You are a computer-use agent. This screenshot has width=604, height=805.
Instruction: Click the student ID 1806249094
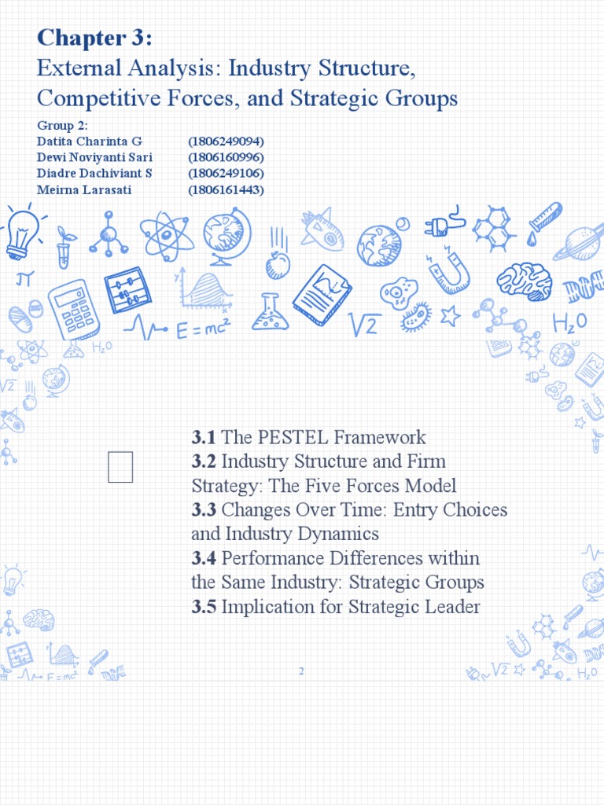(x=225, y=142)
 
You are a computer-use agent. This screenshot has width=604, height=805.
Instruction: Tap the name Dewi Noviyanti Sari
(x=94, y=157)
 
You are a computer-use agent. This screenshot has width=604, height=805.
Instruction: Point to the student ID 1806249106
(x=225, y=174)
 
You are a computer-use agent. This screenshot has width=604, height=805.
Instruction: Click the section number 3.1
(x=204, y=438)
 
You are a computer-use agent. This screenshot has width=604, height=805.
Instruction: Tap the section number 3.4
(x=204, y=559)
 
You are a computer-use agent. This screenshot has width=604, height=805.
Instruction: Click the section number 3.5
(x=204, y=608)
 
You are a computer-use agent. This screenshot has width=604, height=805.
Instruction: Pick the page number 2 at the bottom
(x=301, y=671)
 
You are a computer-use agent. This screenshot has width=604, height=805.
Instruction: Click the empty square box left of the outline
(x=120, y=467)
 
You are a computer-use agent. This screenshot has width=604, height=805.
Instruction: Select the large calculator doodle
(x=73, y=309)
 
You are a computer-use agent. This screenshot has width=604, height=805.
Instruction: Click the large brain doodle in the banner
(x=524, y=281)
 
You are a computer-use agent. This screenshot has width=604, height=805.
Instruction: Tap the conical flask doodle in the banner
(x=270, y=312)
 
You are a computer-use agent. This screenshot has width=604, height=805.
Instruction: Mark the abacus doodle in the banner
(x=128, y=290)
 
